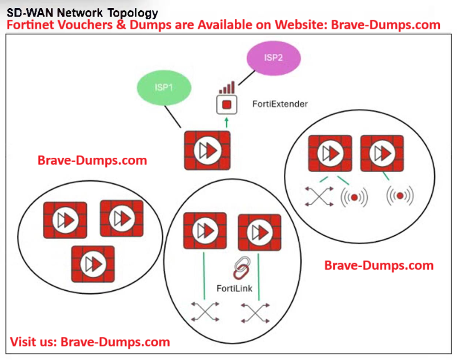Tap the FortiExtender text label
(280, 104)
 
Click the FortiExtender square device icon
(227, 105)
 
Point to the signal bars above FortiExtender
(227, 88)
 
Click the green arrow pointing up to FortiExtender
(227, 121)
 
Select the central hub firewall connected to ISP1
(207, 150)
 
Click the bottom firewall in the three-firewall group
(93, 263)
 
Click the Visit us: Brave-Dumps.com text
(90, 342)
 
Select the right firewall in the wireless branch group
(382, 153)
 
